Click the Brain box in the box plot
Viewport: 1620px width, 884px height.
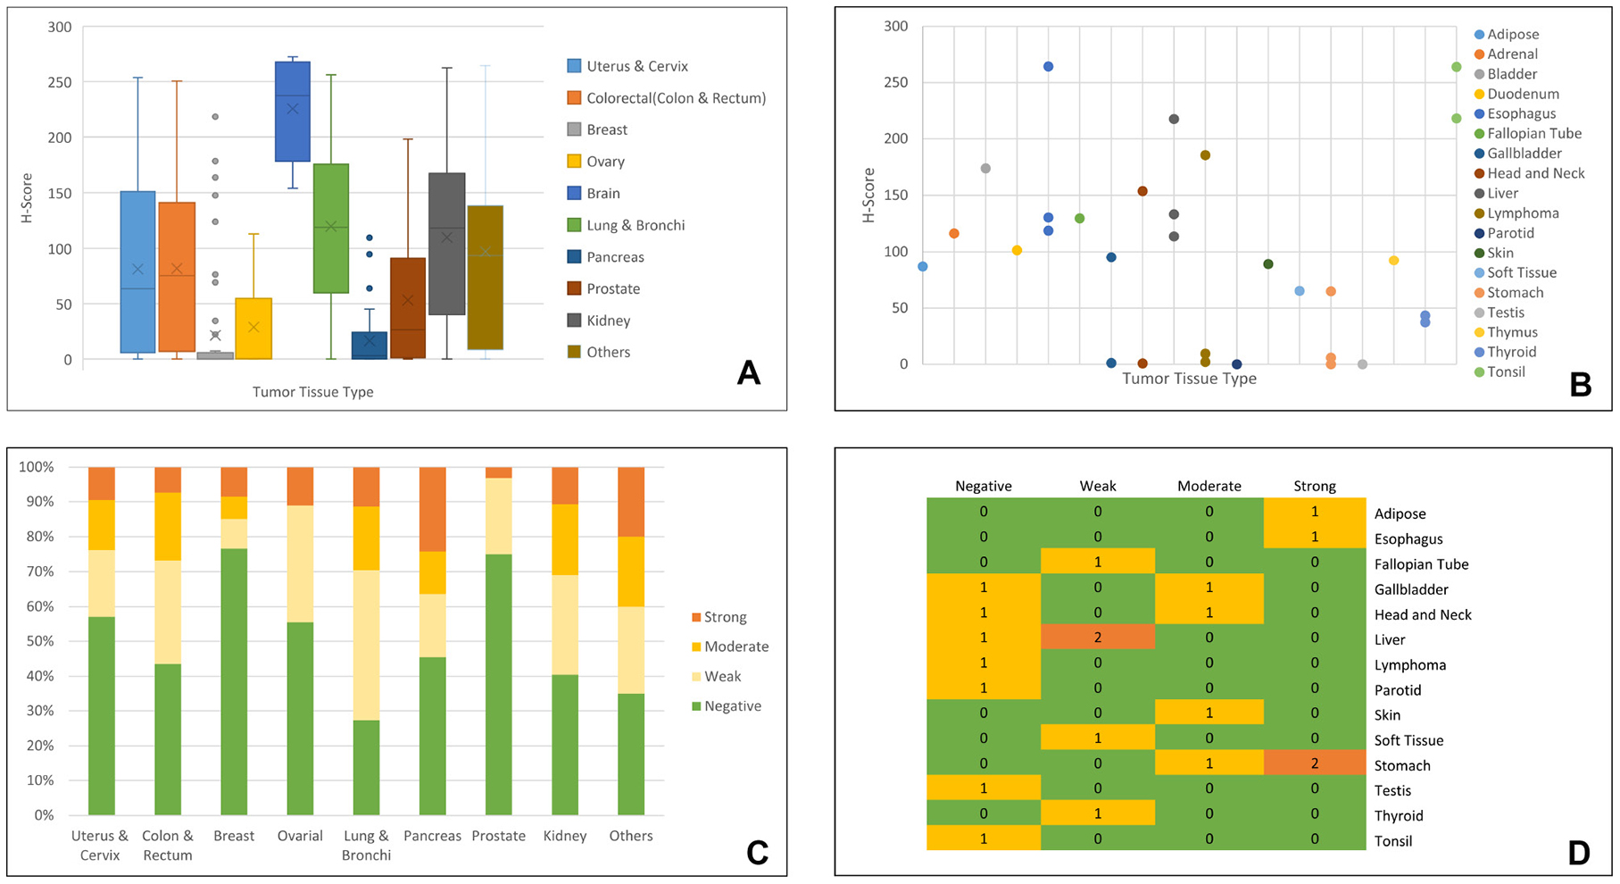point(292,112)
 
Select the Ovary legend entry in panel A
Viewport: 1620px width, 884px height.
point(604,162)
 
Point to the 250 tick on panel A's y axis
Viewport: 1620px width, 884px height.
point(60,82)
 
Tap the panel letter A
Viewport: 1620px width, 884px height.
point(748,372)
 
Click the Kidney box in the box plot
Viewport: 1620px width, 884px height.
point(446,244)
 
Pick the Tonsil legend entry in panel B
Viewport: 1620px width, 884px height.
point(1506,372)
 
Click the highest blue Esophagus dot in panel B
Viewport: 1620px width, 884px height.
point(1048,67)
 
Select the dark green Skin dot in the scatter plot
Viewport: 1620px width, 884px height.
point(1267,264)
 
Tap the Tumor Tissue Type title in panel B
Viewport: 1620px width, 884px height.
point(1189,379)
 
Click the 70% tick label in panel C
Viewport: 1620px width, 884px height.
point(37,571)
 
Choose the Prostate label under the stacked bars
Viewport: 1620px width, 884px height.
point(498,837)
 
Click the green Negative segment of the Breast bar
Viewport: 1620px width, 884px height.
point(234,681)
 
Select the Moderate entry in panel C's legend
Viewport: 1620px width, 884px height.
point(735,646)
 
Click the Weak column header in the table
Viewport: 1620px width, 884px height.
point(1098,487)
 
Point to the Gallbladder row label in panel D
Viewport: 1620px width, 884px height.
point(1411,589)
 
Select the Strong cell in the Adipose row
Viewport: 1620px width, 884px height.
point(1315,512)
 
